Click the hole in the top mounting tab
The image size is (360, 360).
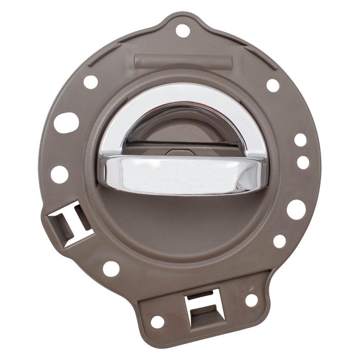click(183, 31)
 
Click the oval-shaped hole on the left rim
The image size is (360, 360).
click(66, 122)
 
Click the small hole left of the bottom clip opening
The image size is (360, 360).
click(157, 321)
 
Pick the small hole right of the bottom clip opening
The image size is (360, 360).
click(251, 300)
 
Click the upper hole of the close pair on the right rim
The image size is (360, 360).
click(300, 140)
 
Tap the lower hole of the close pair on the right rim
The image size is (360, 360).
click(303, 162)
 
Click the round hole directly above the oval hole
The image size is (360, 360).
click(91, 82)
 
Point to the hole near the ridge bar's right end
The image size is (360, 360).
click(273, 85)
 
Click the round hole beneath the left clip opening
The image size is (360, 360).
click(111, 269)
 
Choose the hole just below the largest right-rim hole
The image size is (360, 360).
click(279, 241)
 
